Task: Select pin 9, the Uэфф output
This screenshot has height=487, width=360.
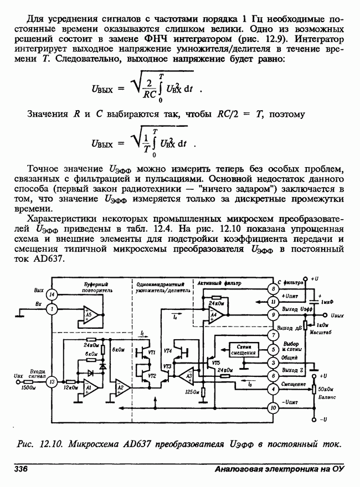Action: pos(273,314)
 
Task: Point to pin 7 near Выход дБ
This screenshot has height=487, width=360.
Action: pos(273,336)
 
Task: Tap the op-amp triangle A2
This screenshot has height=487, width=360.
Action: pos(121,388)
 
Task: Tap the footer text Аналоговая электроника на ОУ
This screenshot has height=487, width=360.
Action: pos(280,469)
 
